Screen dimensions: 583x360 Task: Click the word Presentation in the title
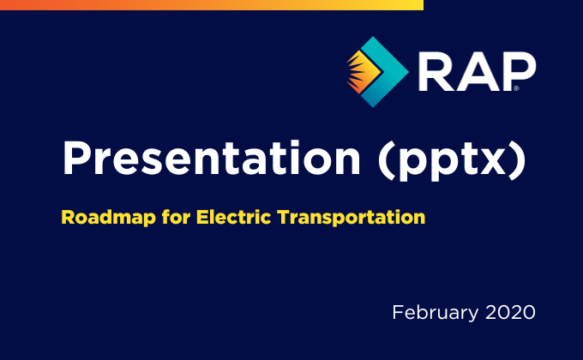pyautogui.click(x=212, y=158)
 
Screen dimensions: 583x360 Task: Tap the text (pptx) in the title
pyautogui.click(x=452, y=160)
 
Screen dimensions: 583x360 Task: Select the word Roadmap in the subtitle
pyautogui.click(x=108, y=218)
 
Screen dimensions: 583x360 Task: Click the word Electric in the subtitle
pyautogui.click(x=233, y=217)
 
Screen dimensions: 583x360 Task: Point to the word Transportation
pyautogui.click(x=352, y=217)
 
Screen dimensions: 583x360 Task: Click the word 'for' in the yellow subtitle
pyautogui.click(x=176, y=217)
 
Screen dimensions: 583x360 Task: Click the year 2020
pyautogui.click(x=510, y=312)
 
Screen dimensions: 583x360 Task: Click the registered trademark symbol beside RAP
pyautogui.click(x=516, y=88)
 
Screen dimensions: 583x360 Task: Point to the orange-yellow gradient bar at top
pyautogui.click(x=212, y=5)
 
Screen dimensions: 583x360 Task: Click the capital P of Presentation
pyautogui.click(x=76, y=158)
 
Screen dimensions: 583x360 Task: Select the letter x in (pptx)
pyautogui.click(x=491, y=162)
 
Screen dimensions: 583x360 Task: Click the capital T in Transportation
pyautogui.click(x=285, y=217)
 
